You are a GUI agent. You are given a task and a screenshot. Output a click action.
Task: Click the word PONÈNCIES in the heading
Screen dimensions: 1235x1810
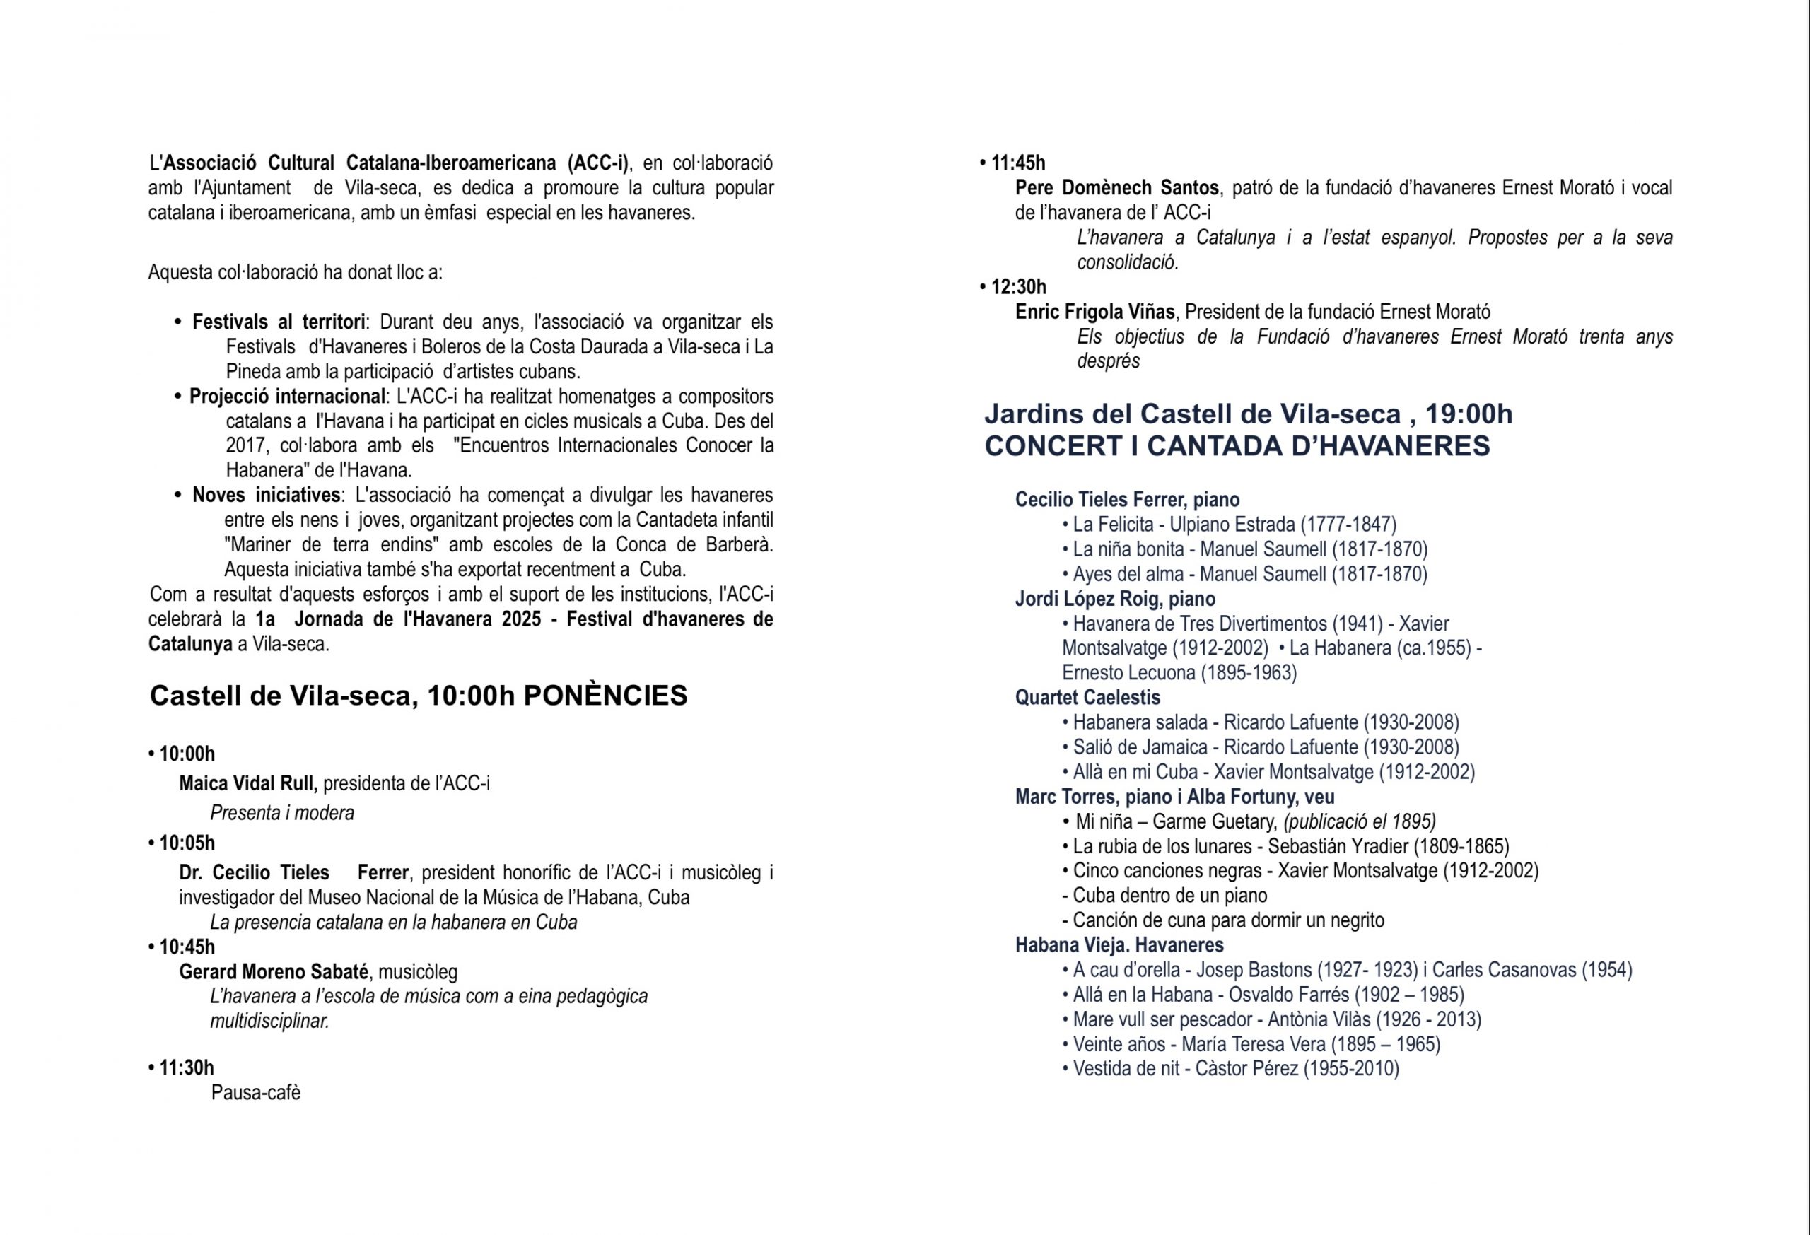click(x=605, y=696)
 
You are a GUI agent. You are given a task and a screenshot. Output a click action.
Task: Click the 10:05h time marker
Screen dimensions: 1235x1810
click(x=187, y=843)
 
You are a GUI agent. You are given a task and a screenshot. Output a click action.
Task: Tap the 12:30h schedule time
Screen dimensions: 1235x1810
click(x=1018, y=286)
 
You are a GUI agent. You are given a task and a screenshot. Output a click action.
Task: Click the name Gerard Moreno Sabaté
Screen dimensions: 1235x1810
click(x=274, y=972)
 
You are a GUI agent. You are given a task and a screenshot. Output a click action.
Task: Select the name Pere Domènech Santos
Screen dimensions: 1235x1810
click(x=1117, y=187)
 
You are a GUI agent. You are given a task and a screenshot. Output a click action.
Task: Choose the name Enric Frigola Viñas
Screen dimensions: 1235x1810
click(x=1094, y=312)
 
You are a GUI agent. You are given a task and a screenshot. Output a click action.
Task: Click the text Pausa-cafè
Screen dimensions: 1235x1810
click(x=255, y=1092)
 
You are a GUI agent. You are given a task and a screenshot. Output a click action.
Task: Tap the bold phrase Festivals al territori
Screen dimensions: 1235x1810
click(x=279, y=322)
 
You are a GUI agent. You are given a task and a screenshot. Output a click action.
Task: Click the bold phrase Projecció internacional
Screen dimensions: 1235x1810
click(x=287, y=397)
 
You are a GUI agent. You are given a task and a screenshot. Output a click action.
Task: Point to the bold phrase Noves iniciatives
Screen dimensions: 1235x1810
click(x=267, y=496)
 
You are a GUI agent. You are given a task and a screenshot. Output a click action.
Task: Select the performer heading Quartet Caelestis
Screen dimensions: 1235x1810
click(x=1087, y=698)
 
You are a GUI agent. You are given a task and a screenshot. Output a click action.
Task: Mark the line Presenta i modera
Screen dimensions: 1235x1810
click(x=282, y=813)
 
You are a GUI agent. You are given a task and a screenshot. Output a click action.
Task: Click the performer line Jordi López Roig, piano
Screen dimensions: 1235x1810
click(x=1114, y=599)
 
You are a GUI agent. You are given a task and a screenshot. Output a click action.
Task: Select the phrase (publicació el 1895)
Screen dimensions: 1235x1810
click(x=1359, y=821)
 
